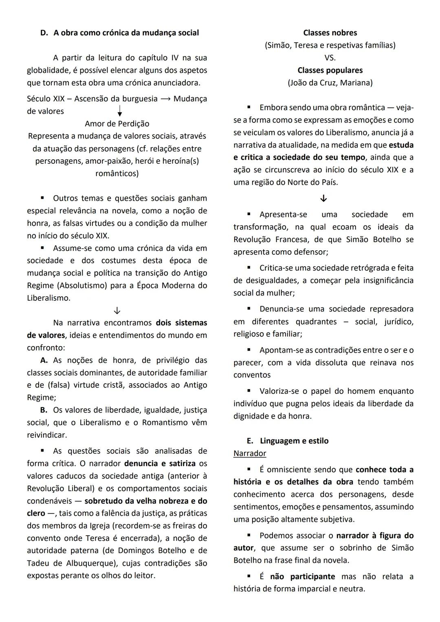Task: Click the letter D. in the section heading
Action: coord(44,33)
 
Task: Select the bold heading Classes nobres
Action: coord(330,33)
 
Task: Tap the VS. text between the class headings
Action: coord(330,58)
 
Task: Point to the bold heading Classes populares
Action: coord(330,71)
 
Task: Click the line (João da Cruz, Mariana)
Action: coord(330,83)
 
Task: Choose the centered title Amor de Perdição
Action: coord(117,124)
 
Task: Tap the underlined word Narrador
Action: coord(250,454)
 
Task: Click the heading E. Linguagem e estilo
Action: coord(288,441)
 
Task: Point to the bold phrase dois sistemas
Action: coord(181,323)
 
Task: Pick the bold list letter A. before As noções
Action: coord(44,361)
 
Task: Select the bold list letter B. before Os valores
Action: coord(44,410)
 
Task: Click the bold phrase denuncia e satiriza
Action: coord(160,464)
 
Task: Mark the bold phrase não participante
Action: coord(302,577)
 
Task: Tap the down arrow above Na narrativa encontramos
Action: coord(117,311)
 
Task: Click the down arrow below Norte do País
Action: coord(323,199)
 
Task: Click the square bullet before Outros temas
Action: coord(42,199)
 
